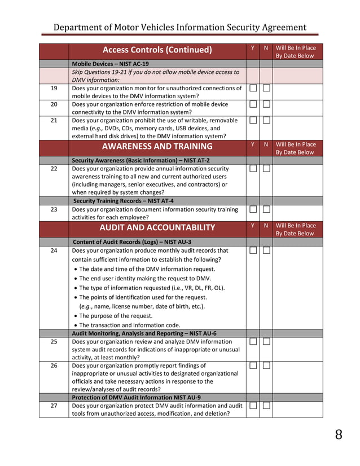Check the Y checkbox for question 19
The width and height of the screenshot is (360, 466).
pyautogui.click(x=253, y=89)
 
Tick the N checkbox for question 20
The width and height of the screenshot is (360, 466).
pyautogui.click(x=266, y=104)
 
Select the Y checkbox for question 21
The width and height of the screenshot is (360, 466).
pyautogui.click(x=253, y=121)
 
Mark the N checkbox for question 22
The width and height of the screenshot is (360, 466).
pyautogui.click(x=266, y=169)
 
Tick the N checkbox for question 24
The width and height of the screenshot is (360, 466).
pyautogui.click(x=266, y=250)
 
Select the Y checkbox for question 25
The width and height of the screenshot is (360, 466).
pyautogui.click(x=253, y=342)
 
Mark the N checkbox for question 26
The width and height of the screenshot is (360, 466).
pyautogui.click(x=266, y=366)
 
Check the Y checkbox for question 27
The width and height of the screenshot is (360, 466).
pyautogui.click(x=253, y=406)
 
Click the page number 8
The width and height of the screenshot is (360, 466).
pyautogui.click(x=338, y=435)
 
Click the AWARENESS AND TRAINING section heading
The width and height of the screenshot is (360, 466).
pyautogui.click(x=157, y=147)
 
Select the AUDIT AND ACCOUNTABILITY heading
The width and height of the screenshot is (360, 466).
pyautogui.click(x=157, y=228)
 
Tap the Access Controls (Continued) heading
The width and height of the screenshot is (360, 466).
pyautogui.click(x=157, y=50)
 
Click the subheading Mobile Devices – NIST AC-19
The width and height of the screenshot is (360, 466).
pyautogui.click(x=111, y=64)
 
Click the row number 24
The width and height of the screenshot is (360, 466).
pyautogui.click(x=54, y=250)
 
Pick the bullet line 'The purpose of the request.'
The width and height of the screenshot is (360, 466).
pyautogui.click(x=116, y=316)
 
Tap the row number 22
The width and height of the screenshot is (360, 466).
pyautogui.click(x=54, y=169)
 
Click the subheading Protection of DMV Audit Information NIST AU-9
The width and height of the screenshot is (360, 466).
pyautogui.click(x=136, y=397)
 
